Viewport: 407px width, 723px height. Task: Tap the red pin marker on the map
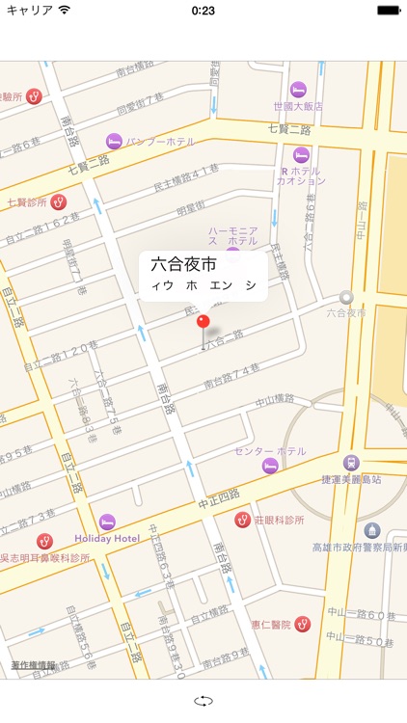[x=203, y=321]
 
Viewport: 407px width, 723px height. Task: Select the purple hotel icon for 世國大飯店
[x=298, y=89]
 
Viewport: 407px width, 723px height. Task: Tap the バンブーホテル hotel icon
[x=115, y=141]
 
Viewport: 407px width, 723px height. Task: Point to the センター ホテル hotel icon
[x=270, y=466]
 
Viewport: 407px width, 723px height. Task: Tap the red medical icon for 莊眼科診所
[x=243, y=520]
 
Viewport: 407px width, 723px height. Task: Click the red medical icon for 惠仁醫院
[x=302, y=624]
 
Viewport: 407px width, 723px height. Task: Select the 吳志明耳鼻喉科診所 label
[x=46, y=558]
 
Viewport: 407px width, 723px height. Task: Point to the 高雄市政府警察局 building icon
[x=371, y=531]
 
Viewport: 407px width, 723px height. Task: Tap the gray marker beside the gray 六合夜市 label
[x=346, y=298]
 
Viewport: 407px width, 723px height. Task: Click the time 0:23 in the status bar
[x=203, y=11]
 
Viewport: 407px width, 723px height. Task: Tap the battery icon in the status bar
[x=388, y=11]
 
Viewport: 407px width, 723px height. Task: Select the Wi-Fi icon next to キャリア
[x=64, y=11]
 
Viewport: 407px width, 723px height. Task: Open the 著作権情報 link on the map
[x=33, y=665]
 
